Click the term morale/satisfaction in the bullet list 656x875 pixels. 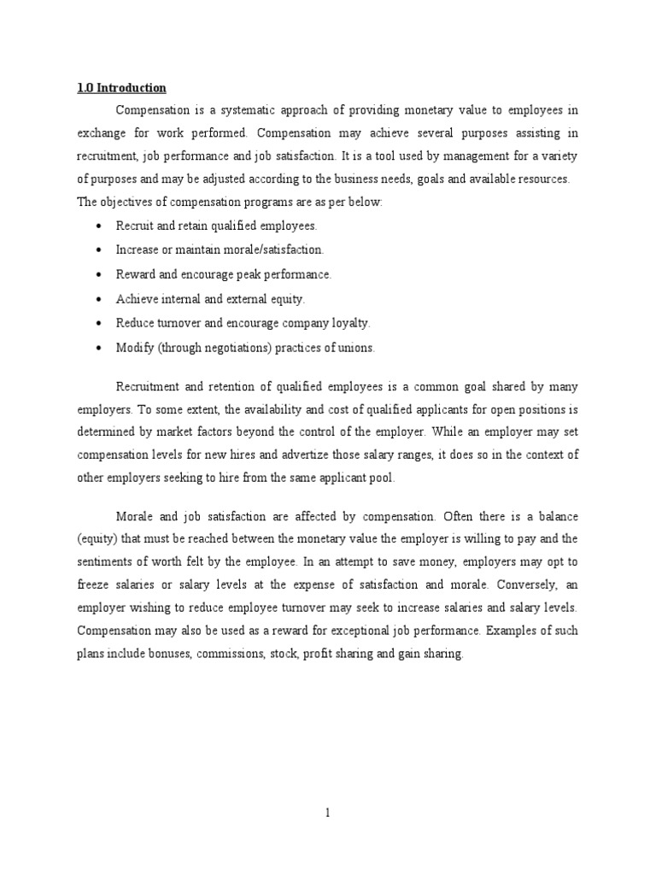tap(274, 250)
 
